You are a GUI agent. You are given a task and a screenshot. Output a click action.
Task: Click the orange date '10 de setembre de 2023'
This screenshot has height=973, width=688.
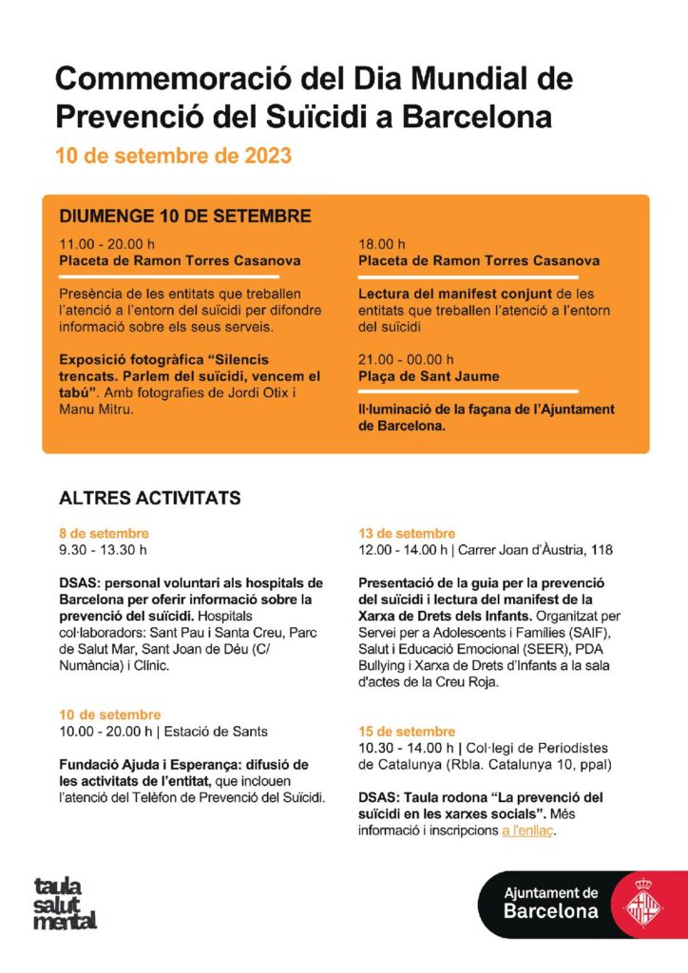tap(173, 155)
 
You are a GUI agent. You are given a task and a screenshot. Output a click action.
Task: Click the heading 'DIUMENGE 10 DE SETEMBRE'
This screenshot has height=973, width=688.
tap(185, 216)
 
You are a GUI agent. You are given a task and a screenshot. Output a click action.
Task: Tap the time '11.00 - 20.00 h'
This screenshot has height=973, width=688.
tap(106, 243)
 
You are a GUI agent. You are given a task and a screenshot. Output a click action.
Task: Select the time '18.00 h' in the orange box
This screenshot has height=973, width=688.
tap(382, 243)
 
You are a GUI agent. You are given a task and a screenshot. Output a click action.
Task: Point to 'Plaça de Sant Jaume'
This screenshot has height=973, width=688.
tap(428, 376)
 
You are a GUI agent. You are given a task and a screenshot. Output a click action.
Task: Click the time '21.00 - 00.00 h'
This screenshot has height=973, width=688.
tap(406, 359)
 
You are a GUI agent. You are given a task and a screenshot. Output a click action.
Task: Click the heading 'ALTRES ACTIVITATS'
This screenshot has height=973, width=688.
tap(150, 498)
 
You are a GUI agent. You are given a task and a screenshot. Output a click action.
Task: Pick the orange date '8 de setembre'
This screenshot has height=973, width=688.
tap(104, 533)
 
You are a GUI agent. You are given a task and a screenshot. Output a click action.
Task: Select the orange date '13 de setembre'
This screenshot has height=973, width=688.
tap(407, 533)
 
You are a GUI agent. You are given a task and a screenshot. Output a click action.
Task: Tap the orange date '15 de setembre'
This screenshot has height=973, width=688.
tap(407, 732)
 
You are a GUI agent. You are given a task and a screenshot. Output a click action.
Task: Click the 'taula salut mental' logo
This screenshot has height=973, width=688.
tap(66, 903)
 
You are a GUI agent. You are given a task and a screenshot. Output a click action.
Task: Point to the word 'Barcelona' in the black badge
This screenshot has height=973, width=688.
tap(552, 911)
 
